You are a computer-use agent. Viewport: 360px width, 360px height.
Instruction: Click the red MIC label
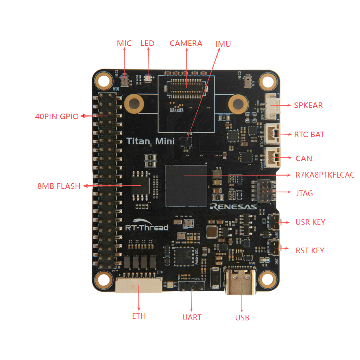(124, 43)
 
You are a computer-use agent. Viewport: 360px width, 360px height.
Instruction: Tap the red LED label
(147, 43)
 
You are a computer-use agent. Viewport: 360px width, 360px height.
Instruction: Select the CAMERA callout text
(186, 43)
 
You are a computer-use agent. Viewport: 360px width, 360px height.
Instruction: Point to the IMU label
(223, 44)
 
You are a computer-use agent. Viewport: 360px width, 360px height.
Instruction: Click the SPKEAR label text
(308, 106)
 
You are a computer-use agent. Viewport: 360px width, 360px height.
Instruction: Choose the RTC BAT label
(309, 134)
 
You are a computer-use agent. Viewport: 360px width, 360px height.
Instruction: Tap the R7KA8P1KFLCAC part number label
(325, 175)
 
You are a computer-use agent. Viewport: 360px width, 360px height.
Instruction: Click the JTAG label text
(304, 193)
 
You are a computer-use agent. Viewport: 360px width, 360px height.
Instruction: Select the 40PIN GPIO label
(56, 117)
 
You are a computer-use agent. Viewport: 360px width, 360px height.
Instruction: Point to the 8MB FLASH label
(59, 186)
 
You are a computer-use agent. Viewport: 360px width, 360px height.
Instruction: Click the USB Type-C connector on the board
(241, 282)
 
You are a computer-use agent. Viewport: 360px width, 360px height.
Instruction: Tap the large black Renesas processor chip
(186, 185)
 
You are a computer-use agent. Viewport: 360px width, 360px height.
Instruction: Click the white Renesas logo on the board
(233, 207)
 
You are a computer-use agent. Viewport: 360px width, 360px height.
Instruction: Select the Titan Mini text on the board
(150, 141)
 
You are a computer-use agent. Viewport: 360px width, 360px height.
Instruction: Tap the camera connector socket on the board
(186, 87)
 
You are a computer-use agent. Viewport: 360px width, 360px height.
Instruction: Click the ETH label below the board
(139, 316)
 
